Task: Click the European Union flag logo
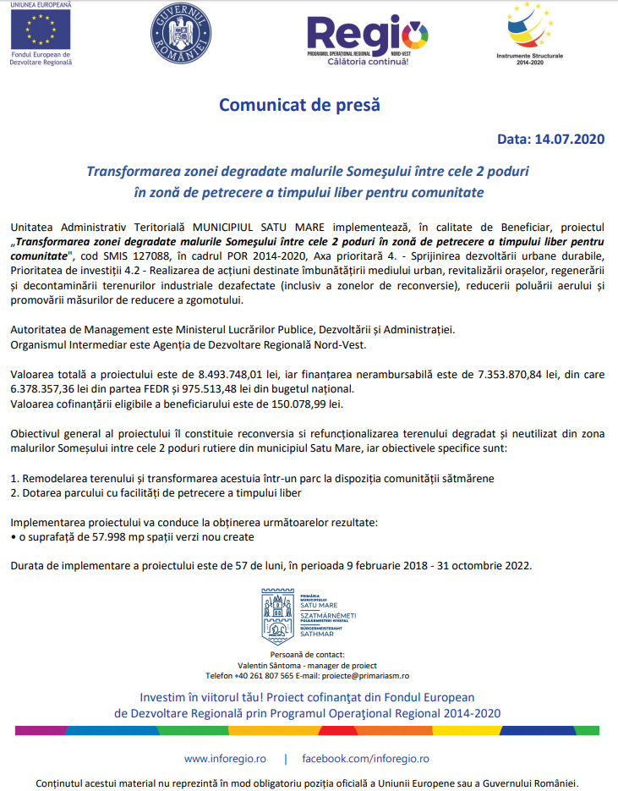[x=39, y=30]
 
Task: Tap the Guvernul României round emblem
[x=180, y=32]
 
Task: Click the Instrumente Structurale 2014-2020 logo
[x=532, y=30]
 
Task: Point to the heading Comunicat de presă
[x=300, y=106]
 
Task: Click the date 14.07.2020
[x=570, y=140]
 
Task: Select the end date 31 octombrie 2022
[x=480, y=565]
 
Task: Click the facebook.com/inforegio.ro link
[x=365, y=759]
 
